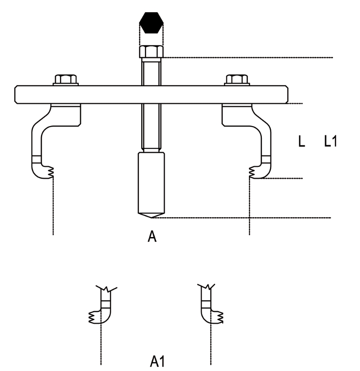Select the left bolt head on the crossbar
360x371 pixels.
[x=66, y=80]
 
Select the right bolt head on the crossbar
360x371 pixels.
[x=238, y=80]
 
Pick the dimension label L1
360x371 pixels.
[x=331, y=143]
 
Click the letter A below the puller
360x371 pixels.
[x=153, y=237]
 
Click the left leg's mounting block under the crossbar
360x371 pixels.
[x=66, y=114]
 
